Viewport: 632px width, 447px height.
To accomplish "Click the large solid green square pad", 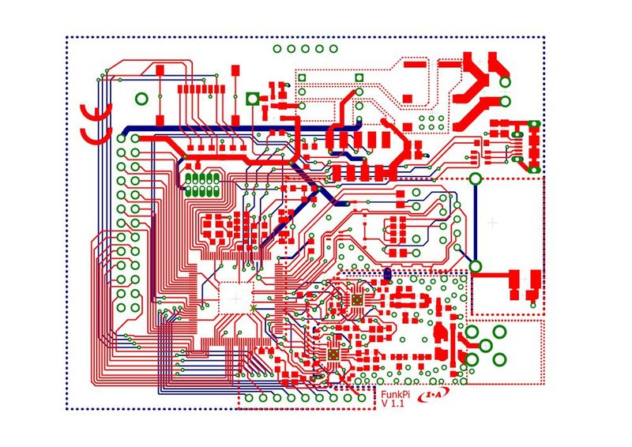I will tap(251, 99).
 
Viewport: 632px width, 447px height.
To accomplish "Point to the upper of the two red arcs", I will tap(93, 113).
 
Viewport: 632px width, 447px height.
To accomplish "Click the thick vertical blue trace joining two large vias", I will tap(476, 221).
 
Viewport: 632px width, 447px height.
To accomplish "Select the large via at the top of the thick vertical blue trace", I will tap(476, 178).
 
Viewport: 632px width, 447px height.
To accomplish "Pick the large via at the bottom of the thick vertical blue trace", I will tap(476, 265).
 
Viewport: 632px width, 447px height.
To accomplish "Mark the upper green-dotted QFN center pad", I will tap(357, 301).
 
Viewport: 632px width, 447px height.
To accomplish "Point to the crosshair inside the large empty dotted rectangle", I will tap(492, 223).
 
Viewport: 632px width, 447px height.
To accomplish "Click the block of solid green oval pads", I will tap(202, 184).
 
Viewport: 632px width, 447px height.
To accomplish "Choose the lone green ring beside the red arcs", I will tap(141, 99).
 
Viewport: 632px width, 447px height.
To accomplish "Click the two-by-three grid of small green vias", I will tap(431, 122).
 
